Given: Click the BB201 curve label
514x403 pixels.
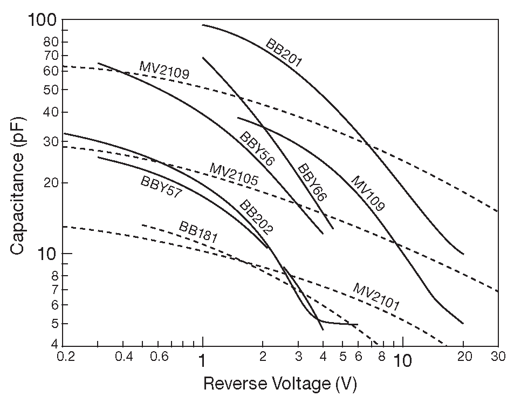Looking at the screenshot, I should click(284, 53).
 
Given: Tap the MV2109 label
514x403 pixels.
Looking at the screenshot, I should click(165, 71).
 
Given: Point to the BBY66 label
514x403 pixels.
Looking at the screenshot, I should click(312, 182).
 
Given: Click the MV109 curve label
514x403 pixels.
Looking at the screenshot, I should click(367, 193).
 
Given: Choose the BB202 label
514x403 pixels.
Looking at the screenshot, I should click(256, 217).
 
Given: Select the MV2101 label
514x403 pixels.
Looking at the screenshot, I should click(376, 296).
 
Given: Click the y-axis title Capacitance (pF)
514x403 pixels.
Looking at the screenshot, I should click(18, 184).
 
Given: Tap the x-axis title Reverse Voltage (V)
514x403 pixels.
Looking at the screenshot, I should click(280, 384).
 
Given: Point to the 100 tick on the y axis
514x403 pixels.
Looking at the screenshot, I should click(42, 21).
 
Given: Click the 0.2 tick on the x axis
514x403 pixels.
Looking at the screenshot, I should click(65, 357).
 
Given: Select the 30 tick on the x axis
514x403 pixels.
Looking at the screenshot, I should click(498, 357).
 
